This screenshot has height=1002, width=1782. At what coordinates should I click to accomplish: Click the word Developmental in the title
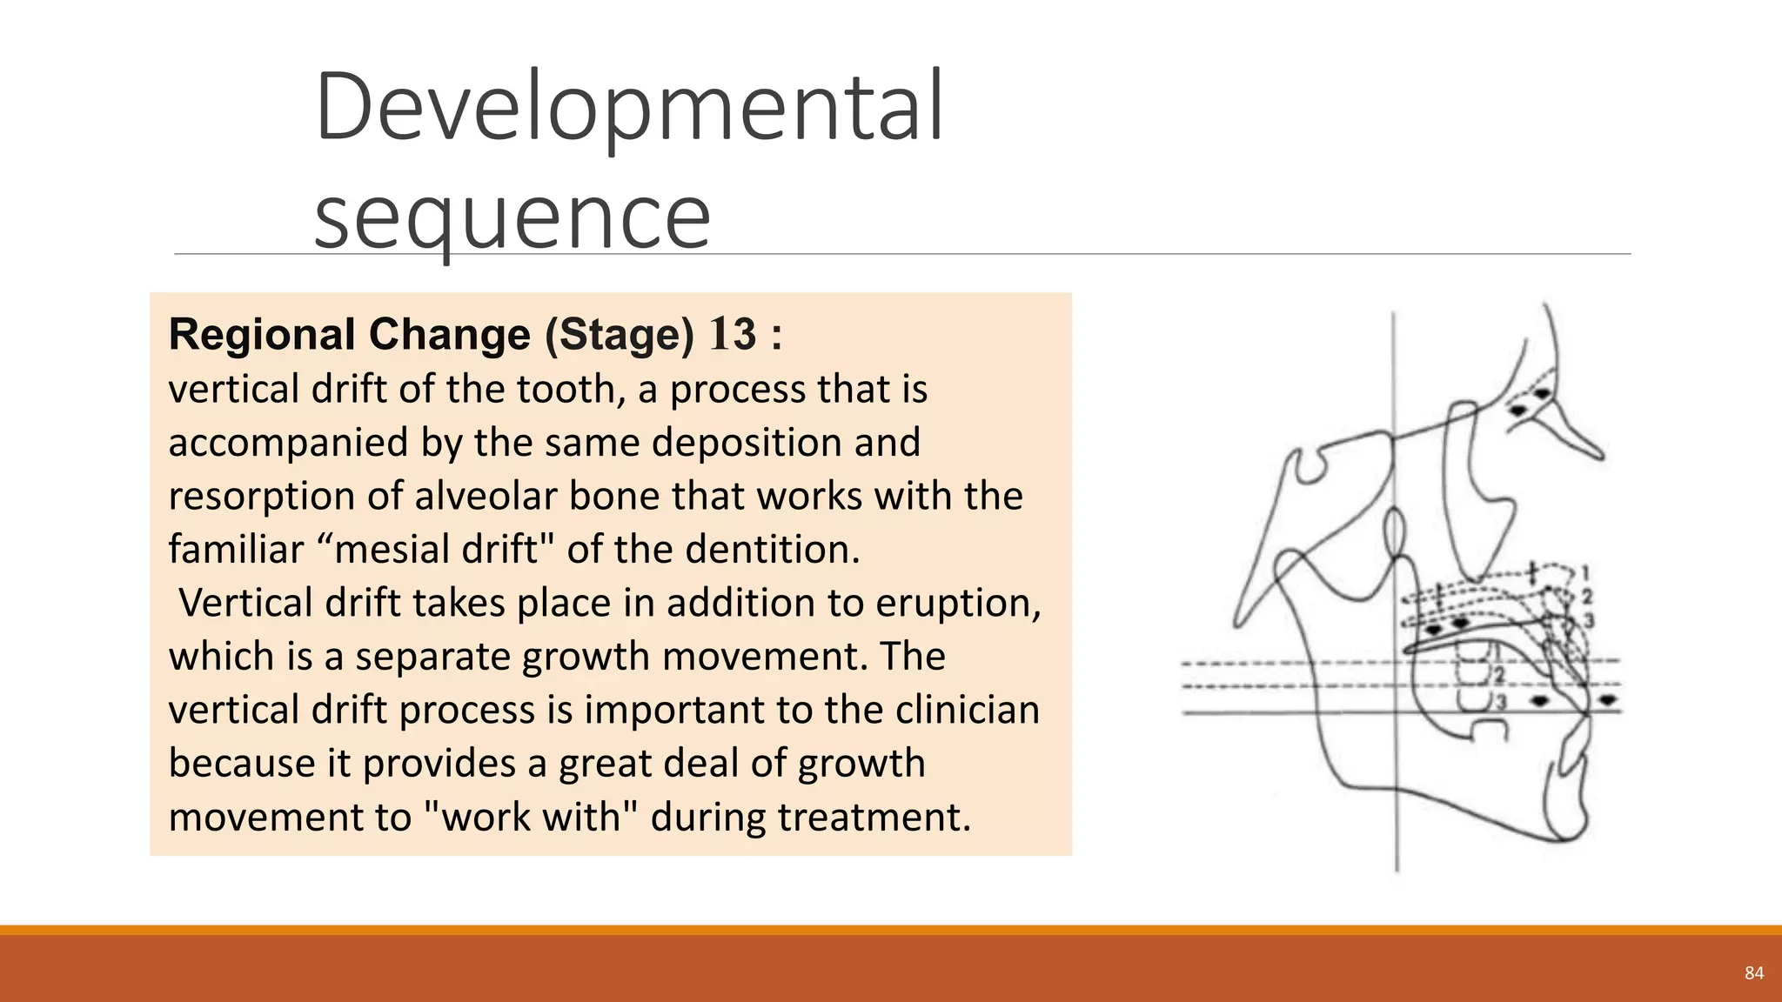(628, 109)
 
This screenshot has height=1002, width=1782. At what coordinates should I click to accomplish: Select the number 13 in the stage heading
(734, 335)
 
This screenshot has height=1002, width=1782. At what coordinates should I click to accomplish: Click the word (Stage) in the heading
(620, 335)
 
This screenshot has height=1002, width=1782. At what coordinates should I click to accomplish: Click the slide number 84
(1753, 973)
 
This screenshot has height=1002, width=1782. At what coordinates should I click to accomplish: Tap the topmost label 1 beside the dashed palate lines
(1585, 573)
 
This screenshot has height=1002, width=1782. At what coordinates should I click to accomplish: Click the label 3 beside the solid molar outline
(1499, 701)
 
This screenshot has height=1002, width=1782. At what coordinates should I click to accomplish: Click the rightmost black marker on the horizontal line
(1608, 699)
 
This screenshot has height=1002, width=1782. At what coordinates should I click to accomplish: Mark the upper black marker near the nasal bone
(1542, 394)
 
